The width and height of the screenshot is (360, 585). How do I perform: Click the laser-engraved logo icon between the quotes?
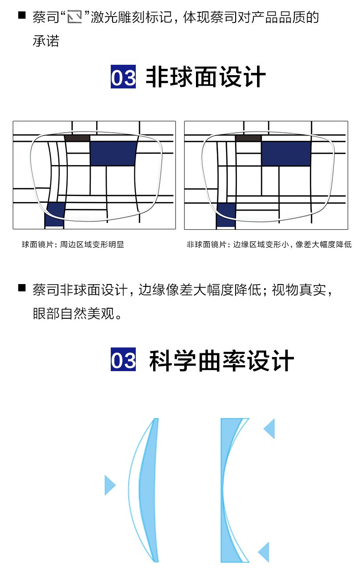(x=75, y=17)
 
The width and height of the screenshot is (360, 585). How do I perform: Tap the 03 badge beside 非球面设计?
(x=123, y=77)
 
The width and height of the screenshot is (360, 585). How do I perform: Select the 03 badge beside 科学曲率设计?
(x=123, y=359)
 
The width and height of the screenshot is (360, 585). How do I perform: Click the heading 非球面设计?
(x=206, y=77)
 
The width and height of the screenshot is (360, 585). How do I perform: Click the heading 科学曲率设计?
(x=221, y=360)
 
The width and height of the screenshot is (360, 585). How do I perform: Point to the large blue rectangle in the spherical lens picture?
(x=113, y=154)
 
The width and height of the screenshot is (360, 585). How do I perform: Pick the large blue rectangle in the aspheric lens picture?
(x=286, y=154)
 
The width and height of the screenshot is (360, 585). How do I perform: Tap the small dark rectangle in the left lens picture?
(x=77, y=138)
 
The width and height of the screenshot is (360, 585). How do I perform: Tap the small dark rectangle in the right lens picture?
(x=248, y=139)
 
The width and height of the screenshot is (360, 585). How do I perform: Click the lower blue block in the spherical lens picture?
(x=55, y=214)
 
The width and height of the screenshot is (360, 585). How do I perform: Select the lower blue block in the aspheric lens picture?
(x=226, y=215)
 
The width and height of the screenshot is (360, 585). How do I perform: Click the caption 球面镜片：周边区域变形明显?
(x=73, y=244)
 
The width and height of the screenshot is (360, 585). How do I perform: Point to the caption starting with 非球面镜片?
(x=269, y=244)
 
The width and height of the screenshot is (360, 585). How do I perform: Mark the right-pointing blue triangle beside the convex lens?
(x=110, y=485)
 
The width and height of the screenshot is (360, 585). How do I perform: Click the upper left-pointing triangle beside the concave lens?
(x=269, y=429)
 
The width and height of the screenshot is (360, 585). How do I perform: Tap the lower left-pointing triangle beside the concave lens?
(x=264, y=552)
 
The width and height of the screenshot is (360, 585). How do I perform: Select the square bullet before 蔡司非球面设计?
(x=22, y=288)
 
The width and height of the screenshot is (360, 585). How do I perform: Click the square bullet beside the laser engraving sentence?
(x=22, y=15)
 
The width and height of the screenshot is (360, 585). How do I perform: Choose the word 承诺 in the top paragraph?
(x=46, y=41)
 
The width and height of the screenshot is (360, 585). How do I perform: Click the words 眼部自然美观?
(x=74, y=313)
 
